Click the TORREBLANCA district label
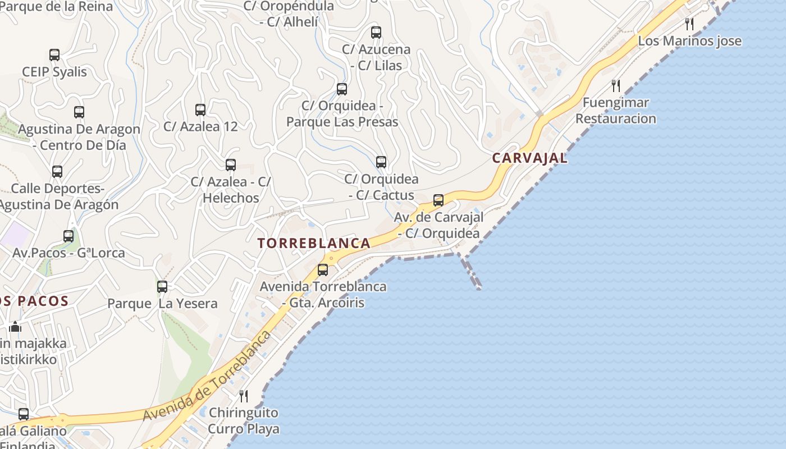tap(314, 243)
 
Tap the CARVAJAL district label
tap(529, 158)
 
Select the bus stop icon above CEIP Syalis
tap(54, 55)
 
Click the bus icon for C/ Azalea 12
tap(200, 110)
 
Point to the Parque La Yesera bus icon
tap(162, 287)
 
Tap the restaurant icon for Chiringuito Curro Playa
tap(244, 396)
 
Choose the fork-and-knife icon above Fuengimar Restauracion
tap(616, 86)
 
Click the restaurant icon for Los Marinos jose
tap(689, 24)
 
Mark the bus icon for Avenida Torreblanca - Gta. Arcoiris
tap(323, 270)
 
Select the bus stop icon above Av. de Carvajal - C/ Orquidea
tap(438, 200)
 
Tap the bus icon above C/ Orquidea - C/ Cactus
tap(381, 162)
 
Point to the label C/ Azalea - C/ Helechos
tap(231, 190)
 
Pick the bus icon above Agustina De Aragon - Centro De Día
tap(79, 112)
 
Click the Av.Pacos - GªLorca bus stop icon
tap(68, 236)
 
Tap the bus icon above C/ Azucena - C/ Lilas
tap(376, 33)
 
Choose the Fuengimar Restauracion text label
tap(615, 111)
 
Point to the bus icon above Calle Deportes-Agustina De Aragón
tap(57, 172)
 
